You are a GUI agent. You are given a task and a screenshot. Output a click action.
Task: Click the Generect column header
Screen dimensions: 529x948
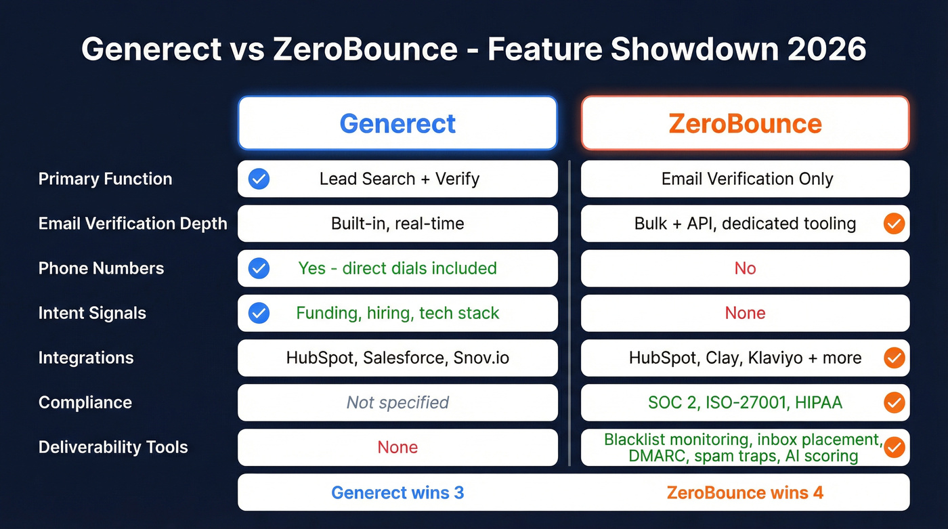[397, 123]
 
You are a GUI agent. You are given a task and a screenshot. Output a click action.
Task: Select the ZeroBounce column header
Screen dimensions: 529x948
[745, 123]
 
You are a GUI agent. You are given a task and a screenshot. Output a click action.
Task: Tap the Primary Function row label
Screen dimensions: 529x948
[105, 179]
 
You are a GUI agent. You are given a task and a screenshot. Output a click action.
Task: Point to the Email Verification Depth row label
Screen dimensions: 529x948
[133, 224]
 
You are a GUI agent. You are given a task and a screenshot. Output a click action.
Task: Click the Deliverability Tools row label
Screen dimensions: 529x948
[113, 447]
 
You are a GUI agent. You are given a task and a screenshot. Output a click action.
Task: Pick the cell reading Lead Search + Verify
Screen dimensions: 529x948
[399, 179]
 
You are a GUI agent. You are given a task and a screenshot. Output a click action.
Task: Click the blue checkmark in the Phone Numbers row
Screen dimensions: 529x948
[259, 268]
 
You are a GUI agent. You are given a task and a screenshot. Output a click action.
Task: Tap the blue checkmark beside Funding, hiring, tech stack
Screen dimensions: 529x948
[259, 313]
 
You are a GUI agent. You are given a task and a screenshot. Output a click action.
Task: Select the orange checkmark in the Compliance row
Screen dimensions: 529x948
[894, 402]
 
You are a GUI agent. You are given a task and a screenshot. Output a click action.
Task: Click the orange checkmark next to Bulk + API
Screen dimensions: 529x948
[894, 224]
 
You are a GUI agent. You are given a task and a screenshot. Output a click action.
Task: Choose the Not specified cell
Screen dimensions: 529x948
[397, 402]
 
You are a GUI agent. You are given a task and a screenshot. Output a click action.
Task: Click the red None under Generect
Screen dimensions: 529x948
[397, 447]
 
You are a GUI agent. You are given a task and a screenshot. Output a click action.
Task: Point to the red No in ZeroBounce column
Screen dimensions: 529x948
[745, 268]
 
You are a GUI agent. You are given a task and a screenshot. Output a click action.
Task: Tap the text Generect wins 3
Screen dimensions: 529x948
[397, 492]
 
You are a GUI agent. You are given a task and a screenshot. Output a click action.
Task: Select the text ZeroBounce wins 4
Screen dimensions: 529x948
[745, 492]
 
